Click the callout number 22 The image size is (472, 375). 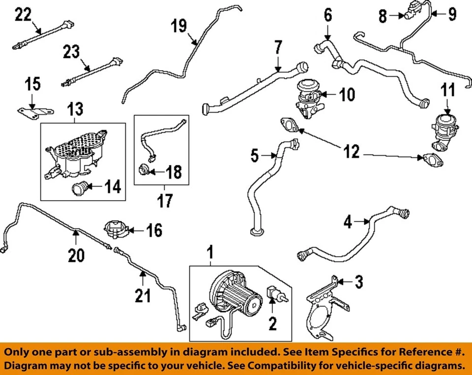click(x=23, y=16)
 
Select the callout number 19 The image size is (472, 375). click(x=179, y=26)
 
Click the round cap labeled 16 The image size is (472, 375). click(x=115, y=229)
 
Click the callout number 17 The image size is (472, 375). click(x=165, y=202)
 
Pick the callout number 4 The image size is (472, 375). click(x=348, y=222)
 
